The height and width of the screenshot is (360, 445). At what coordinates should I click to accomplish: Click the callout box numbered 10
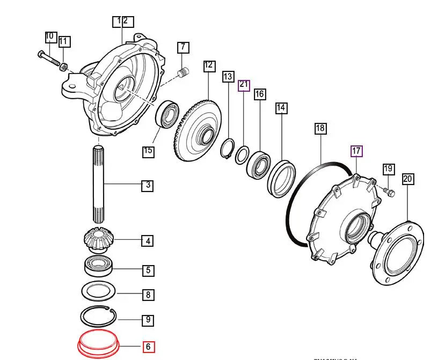(50, 37)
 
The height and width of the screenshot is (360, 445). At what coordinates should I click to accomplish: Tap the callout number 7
(183, 47)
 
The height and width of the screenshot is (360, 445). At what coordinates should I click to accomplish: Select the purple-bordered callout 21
(244, 84)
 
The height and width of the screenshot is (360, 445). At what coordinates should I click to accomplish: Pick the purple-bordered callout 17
(356, 151)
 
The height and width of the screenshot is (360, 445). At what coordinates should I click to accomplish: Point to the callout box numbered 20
(407, 179)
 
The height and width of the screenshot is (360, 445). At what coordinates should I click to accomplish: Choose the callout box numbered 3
(148, 186)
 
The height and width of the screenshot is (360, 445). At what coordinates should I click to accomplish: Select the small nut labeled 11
(63, 67)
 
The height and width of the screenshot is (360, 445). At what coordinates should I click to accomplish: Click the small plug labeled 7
(185, 72)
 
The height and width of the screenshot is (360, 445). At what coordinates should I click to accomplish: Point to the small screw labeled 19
(390, 192)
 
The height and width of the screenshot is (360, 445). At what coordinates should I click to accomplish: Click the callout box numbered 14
(281, 108)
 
